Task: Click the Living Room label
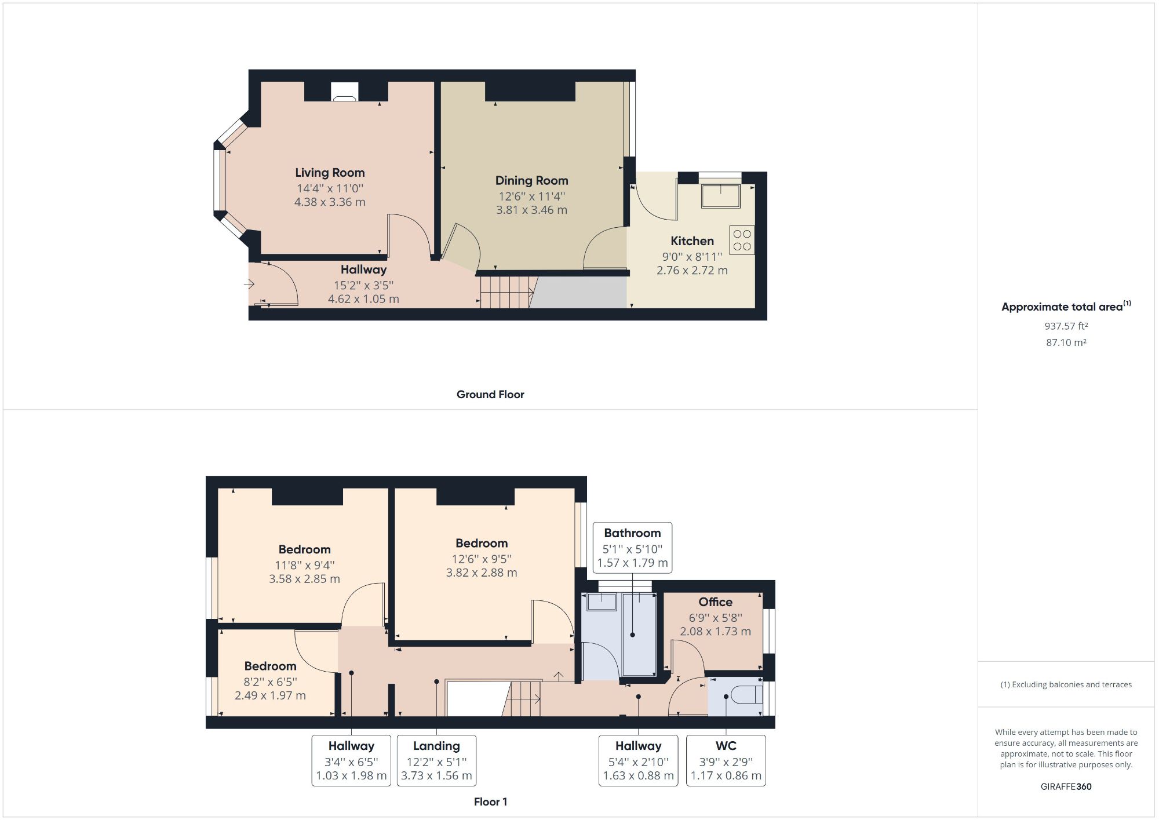pos(330,173)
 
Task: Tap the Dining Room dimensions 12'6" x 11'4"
pos(531,196)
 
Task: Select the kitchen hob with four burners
pos(742,240)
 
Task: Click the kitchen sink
pos(720,196)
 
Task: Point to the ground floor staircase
pos(506,291)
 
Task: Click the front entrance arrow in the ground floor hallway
pos(249,285)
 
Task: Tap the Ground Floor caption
pos(490,395)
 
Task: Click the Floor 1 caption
pos(490,802)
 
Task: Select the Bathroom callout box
pos(632,548)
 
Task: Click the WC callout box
pos(726,760)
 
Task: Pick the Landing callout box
pos(436,760)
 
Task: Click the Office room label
pos(715,602)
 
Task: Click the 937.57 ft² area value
pos(1066,326)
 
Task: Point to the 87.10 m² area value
pos(1066,342)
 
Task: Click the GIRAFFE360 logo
pos(1066,786)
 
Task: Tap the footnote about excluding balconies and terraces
pos(1066,684)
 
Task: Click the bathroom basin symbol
pos(602,602)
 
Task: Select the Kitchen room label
pos(692,241)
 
